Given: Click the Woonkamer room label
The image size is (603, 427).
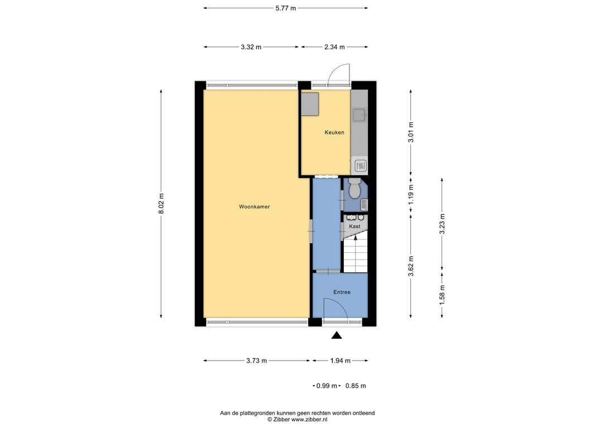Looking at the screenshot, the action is click(x=254, y=207).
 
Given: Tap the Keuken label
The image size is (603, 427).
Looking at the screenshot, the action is click(x=334, y=133).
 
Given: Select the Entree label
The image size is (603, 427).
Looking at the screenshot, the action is click(x=342, y=292).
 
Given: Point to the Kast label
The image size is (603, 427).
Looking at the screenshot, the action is click(x=355, y=227).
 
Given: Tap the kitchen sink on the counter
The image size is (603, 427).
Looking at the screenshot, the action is click(x=359, y=114).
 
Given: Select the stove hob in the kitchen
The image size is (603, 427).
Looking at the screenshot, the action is click(x=361, y=166).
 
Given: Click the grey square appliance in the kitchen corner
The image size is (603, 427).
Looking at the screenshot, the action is click(x=310, y=104).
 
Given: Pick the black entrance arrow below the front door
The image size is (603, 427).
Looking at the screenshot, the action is click(x=337, y=335).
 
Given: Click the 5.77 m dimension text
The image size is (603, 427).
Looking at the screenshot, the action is click(x=286, y=8).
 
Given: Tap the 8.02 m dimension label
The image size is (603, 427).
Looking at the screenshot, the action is click(x=161, y=204).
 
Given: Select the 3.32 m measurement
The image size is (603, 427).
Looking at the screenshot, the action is click(x=251, y=47).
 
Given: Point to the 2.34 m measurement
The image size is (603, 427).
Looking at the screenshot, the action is click(x=334, y=47).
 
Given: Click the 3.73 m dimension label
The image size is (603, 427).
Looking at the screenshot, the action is click(x=256, y=361).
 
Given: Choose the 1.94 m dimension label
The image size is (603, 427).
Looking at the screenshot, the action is click(x=341, y=361).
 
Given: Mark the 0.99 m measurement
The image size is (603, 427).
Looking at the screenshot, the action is click(x=327, y=386).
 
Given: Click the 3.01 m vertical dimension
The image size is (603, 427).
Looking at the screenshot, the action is click(x=411, y=132).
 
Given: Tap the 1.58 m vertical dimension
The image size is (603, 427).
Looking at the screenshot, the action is click(x=442, y=295).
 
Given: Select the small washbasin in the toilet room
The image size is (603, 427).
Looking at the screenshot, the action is click(x=364, y=205).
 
